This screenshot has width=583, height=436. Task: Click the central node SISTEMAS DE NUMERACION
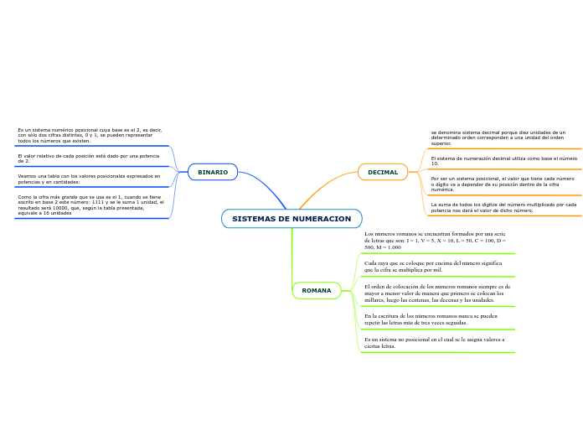click(291, 219)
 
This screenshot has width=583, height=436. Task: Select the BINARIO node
click(213, 172)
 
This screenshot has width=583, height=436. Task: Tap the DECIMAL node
click(383, 172)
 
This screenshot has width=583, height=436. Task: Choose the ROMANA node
click(317, 291)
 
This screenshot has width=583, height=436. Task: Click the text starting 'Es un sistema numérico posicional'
click(90, 136)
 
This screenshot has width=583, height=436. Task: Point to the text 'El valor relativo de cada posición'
click(88, 158)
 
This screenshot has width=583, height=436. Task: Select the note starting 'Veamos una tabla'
click(89, 179)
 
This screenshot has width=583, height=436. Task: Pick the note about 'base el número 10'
click(503, 160)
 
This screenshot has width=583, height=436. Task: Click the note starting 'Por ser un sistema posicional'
click(503, 184)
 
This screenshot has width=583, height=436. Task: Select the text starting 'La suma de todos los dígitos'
click(503, 207)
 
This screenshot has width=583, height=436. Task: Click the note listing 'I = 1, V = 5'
click(435, 241)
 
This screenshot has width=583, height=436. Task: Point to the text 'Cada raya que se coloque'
click(433, 267)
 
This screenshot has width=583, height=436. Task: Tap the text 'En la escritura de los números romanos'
click(431, 319)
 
